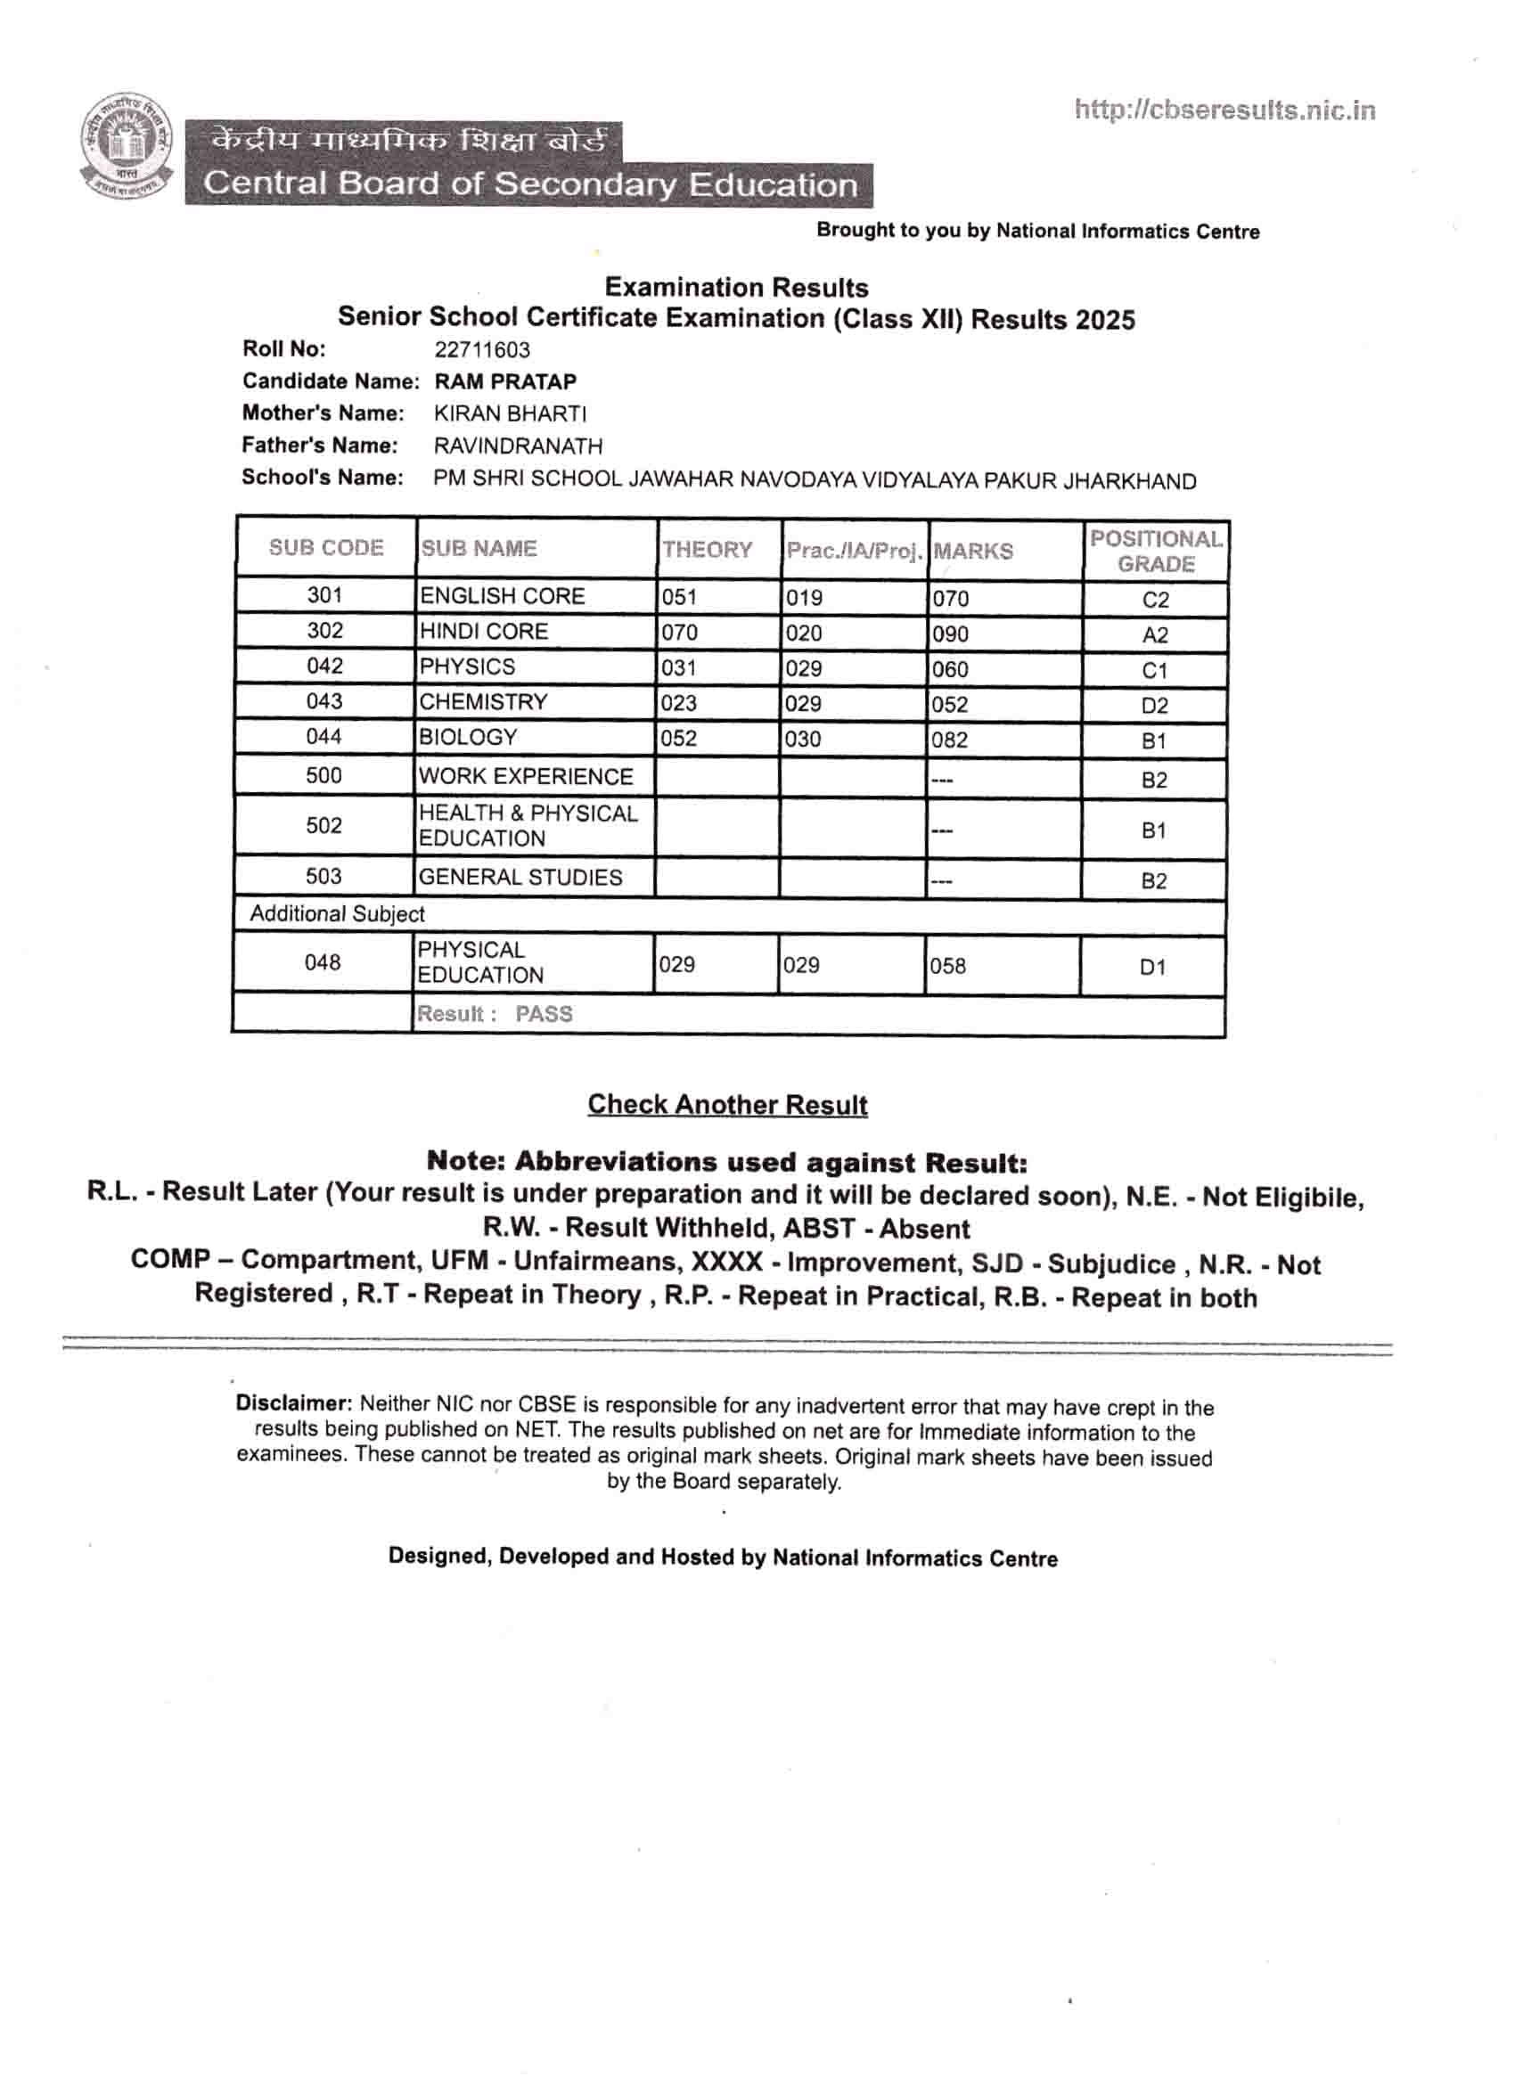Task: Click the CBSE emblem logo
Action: tap(126, 146)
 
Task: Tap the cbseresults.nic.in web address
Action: tap(1224, 111)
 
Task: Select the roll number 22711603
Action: tap(482, 350)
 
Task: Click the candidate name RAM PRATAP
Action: tap(505, 381)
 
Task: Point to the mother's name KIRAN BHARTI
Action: tap(511, 413)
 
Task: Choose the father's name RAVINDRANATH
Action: tap(519, 446)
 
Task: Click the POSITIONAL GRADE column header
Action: tap(1156, 552)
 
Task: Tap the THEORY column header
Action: tap(707, 550)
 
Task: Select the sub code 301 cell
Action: tap(324, 596)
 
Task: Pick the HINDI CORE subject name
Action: tap(484, 632)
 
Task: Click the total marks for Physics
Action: tap(951, 669)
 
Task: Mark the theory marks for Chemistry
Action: tap(678, 703)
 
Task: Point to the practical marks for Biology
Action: tap(803, 740)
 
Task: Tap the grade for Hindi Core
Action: tap(1155, 635)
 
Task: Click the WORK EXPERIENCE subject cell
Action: tap(526, 777)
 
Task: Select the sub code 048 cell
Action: tap(323, 962)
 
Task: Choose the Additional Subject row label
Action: tap(338, 914)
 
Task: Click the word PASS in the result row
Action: tap(544, 1014)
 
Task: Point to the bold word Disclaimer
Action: tap(293, 1403)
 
